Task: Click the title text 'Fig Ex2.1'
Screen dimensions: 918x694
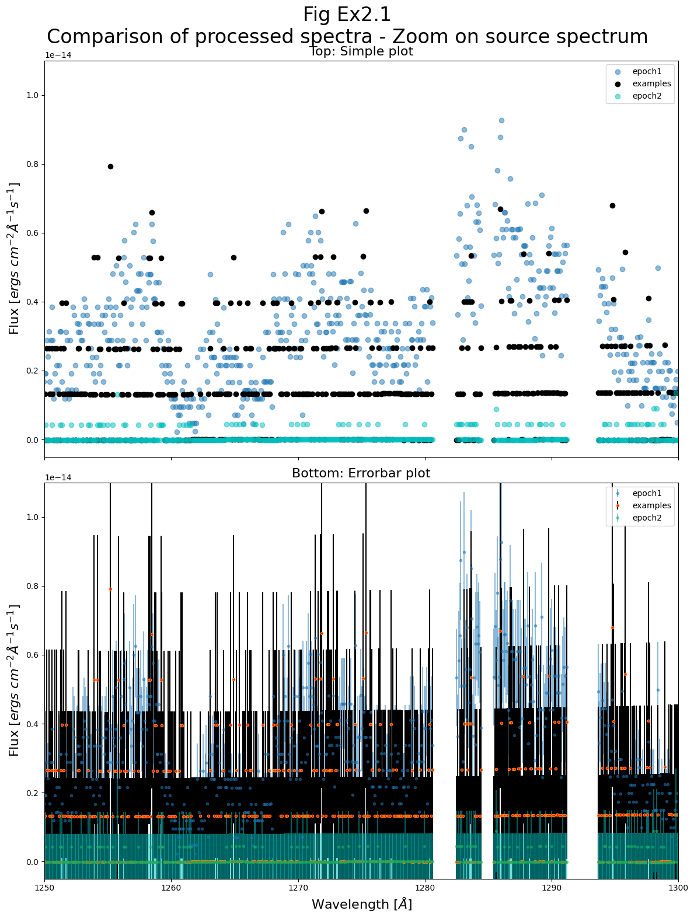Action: pyautogui.click(x=347, y=14)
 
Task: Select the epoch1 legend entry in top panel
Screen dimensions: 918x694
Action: pyautogui.click(x=646, y=71)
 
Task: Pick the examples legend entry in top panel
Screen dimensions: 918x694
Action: pyautogui.click(x=651, y=83)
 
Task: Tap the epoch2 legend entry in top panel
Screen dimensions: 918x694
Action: pyautogui.click(x=646, y=96)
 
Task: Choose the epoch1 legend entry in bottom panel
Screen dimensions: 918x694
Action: pyautogui.click(x=646, y=493)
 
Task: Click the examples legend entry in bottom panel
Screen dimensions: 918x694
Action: pyautogui.click(x=651, y=505)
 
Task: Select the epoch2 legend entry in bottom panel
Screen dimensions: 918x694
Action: pyautogui.click(x=646, y=518)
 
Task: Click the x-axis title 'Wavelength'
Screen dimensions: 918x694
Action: pyautogui.click(x=361, y=904)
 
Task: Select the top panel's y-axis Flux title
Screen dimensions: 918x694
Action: pyautogui.click(x=15, y=258)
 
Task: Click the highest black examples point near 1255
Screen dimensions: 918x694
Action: pyautogui.click(x=110, y=166)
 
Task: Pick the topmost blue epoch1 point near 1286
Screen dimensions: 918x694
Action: pyautogui.click(x=501, y=121)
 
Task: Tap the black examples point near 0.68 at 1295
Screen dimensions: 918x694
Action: pyautogui.click(x=612, y=205)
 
